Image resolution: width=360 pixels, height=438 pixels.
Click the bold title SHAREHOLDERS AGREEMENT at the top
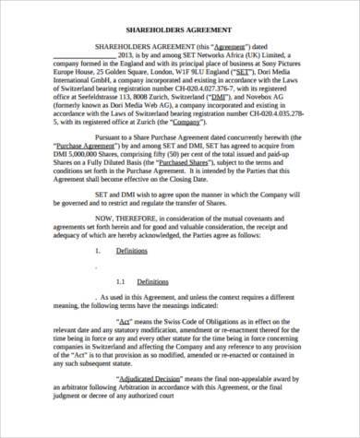point(179,29)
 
